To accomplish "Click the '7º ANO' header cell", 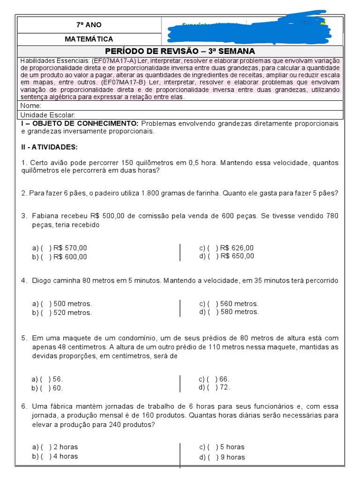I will [x=89, y=25].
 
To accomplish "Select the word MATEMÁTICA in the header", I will [x=89, y=39].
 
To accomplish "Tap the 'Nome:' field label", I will [x=31, y=106].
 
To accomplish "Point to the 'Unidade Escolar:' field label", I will [x=48, y=115].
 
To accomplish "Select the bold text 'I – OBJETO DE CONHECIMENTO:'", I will [x=80, y=123].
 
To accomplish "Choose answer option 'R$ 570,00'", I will [x=70, y=248].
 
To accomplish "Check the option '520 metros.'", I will [x=73, y=313].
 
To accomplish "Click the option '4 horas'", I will [x=66, y=456].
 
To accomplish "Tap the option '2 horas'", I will [x=66, y=447].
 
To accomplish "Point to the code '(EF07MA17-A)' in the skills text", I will [x=112, y=61].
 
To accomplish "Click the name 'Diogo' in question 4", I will [x=41, y=280].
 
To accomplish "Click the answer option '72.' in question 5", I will [x=225, y=387].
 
